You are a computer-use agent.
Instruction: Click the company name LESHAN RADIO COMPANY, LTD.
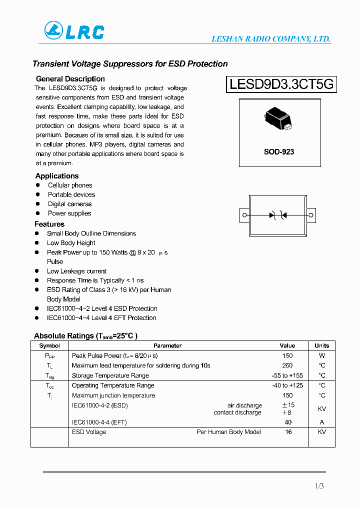click(271, 39)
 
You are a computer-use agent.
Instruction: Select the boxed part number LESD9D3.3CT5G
click(281, 84)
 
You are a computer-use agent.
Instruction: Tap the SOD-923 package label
click(279, 151)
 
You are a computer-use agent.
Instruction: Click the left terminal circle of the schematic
click(244, 215)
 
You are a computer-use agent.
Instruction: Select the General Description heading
click(70, 79)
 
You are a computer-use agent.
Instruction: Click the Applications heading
click(57, 176)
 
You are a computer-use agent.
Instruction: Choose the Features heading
click(49, 224)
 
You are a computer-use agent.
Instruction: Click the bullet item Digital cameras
click(69, 204)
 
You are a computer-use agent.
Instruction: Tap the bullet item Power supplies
click(69, 213)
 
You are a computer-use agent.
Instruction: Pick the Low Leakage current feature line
click(76, 271)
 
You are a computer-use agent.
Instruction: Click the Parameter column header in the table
click(167, 345)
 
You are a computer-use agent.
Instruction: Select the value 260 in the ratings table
click(287, 365)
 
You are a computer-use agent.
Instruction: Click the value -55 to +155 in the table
click(287, 375)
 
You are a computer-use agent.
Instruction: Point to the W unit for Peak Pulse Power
click(321, 355)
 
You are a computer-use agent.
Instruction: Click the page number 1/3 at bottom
click(319, 486)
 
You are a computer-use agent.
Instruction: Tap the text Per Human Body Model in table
click(228, 432)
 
